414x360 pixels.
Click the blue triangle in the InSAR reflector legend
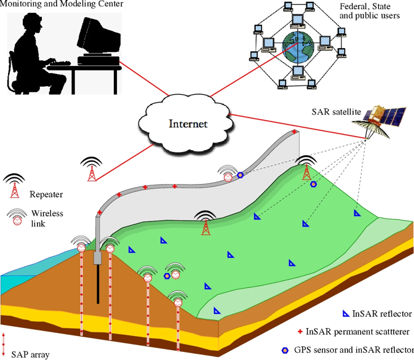coord(346,314)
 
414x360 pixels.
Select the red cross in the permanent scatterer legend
coord(300,332)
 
